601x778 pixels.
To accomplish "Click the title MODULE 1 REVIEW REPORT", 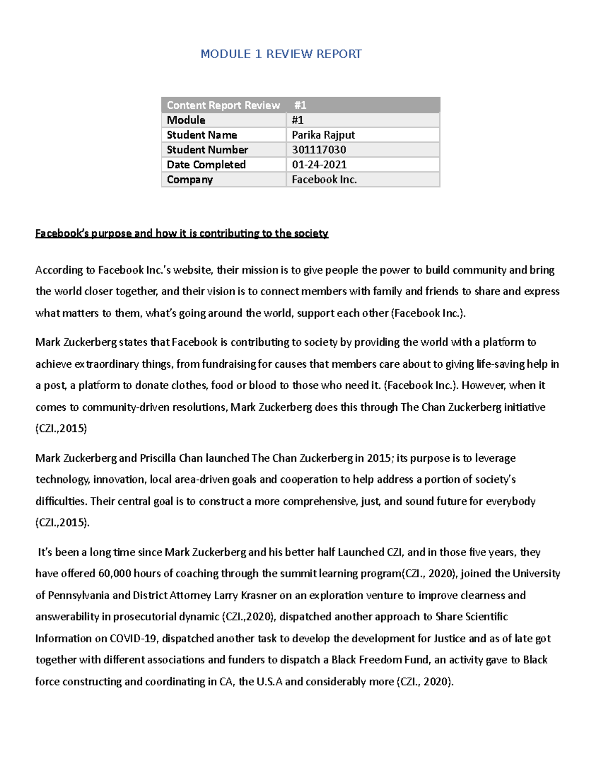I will click(281, 54).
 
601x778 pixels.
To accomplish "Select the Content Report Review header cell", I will click(223, 105).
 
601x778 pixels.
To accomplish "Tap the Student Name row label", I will click(202, 135).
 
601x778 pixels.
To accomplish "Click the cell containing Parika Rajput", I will click(323, 135).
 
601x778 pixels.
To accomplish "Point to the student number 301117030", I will click(319, 150).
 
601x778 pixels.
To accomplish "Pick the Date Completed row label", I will click(206, 165).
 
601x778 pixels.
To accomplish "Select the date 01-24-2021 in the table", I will click(319, 165).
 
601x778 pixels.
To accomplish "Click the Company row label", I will click(190, 179).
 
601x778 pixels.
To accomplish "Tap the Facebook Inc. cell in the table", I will click(324, 179).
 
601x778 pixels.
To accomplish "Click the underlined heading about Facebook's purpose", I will click(182, 233).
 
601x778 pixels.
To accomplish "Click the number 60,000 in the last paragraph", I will click(115, 574).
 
